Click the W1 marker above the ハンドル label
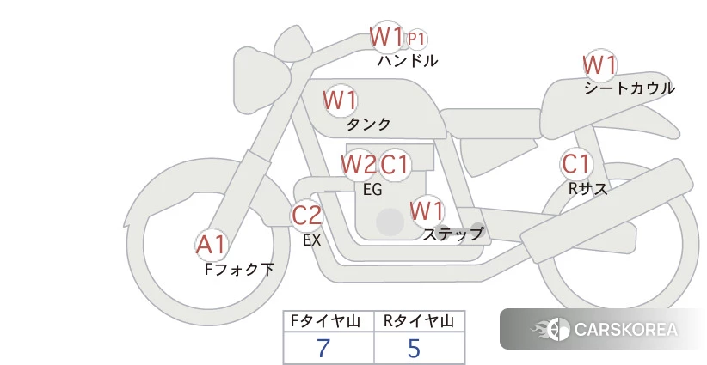386,36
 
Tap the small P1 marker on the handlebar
416,40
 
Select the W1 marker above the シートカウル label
599,64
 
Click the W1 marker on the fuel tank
341,100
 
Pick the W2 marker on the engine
359,164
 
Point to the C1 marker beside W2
394,164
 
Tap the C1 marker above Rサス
575,163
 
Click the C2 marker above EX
306,215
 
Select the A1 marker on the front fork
211,245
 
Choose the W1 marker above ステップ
427,210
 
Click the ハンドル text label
408,60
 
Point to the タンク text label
368,124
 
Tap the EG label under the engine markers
372,190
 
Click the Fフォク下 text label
239,269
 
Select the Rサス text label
587,189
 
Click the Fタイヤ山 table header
325,321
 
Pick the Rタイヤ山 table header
418,321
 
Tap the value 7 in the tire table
323,348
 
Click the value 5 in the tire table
414,348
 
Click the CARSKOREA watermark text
625,330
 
